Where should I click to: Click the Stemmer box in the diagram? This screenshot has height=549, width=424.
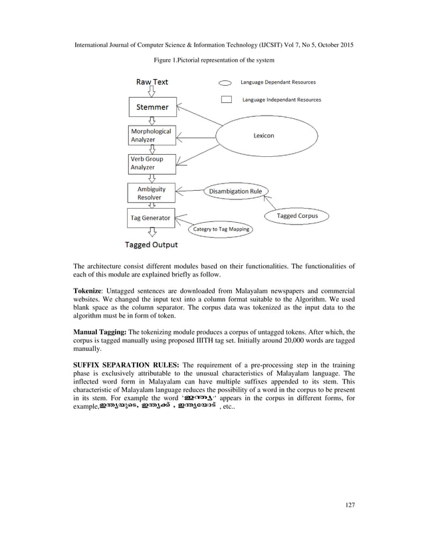tap(152, 106)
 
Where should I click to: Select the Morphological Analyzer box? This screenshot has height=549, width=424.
tap(152, 136)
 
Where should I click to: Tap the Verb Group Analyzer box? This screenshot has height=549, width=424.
tap(152, 164)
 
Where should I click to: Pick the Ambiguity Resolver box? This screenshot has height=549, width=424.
tap(152, 193)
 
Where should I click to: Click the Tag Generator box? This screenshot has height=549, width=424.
tap(152, 217)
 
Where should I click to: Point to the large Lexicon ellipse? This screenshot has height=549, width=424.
tap(264, 136)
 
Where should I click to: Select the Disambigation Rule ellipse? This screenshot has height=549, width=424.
tap(235, 191)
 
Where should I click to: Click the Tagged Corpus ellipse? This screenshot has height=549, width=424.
tap(296, 216)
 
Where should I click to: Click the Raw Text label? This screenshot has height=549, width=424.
tap(152, 82)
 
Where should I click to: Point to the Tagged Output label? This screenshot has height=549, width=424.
tap(152, 245)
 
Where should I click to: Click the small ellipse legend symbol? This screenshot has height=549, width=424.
tap(225, 84)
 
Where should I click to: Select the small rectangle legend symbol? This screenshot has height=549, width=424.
tap(226, 100)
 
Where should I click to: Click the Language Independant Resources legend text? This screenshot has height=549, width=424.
tap(281, 100)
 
